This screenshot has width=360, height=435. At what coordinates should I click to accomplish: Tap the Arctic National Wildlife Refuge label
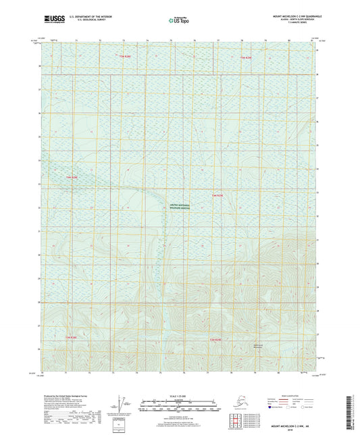pos(180,209)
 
